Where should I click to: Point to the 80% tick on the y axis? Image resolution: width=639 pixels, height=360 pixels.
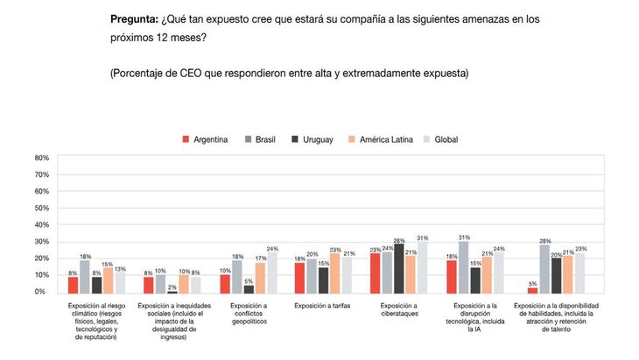(x=41, y=159)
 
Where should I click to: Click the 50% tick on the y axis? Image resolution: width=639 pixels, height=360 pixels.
(x=41, y=208)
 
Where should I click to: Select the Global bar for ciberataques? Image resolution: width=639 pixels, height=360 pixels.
(x=423, y=266)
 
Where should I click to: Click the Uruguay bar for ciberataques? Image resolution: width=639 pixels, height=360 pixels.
(x=399, y=269)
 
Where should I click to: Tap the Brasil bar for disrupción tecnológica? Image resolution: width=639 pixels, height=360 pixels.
(x=463, y=266)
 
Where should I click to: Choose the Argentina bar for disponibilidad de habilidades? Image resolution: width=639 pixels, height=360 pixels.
(x=532, y=289)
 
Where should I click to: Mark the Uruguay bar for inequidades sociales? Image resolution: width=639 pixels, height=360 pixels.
(x=172, y=291)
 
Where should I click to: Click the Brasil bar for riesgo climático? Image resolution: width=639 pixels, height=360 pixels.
(x=85, y=277)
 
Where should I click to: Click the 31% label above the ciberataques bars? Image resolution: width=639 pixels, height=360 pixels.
(x=424, y=237)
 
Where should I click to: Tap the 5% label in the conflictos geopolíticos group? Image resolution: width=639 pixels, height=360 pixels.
(x=249, y=280)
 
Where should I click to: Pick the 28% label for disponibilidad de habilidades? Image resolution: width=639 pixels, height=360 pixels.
(x=544, y=241)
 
